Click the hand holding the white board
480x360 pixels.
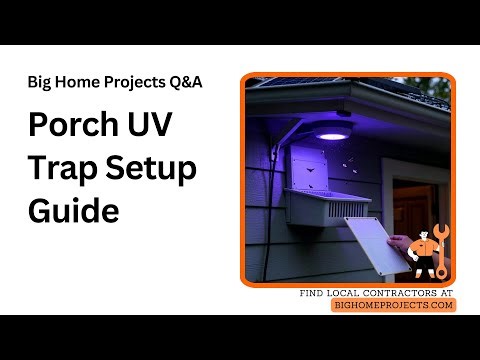pos(400,245)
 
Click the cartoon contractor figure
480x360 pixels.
pos(424,255)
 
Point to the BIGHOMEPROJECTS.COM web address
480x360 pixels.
pos(393,305)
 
